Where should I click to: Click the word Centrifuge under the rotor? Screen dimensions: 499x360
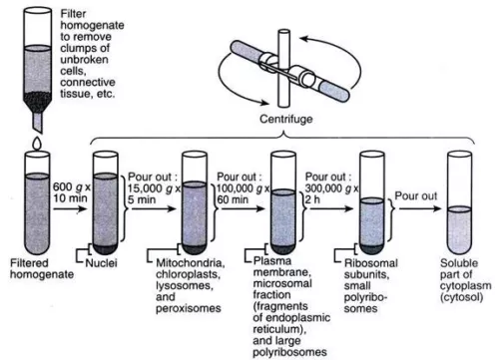coord(286,119)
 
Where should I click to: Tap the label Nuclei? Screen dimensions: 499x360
coord(101,263)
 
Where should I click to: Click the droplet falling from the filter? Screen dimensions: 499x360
coord(37,144)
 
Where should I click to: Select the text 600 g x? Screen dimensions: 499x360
coord(72,187)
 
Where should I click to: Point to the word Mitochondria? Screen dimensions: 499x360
coord(190,263)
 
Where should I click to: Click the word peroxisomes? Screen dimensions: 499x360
coord(189,308)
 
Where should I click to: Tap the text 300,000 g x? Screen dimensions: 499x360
coord(331,188)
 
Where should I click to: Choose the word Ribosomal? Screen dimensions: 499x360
coord(370,263)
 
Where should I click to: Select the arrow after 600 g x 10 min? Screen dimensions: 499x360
coord(69,209)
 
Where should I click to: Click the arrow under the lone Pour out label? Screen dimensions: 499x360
coord(420,208)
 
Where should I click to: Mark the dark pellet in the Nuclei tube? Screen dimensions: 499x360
coord(106,248)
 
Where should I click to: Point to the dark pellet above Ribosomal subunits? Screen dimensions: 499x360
coord(372,248)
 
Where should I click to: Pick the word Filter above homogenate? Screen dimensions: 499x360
coord(73,14)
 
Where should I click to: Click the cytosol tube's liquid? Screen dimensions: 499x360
coord(459,230)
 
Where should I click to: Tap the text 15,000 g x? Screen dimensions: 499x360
coord(155,188)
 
